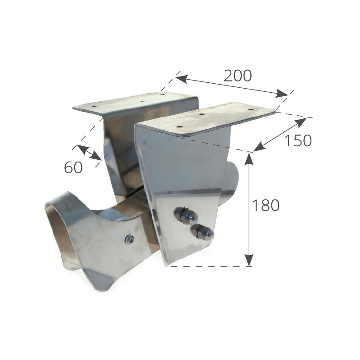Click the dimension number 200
pyautogui.click(x=238, y=76)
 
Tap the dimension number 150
pyautogui.click(x=298, y=140)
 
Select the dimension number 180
pyautogui.click(x=265, y=205)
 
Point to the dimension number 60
pyautogui.click(x=73, y=167)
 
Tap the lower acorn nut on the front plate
pyautogui.click(x=202, y=232)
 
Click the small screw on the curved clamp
pyautogui.click(x=129, y=240)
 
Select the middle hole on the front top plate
pyautogui.click(x=201, y=114)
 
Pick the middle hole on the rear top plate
pyautogui.click(x=142, y=101)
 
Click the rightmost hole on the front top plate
pyautogui.click(x=251, y=109)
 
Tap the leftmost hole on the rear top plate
pyautogui.click(x=94, y=107)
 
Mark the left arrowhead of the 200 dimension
pyautogui.click(x=182, y=79)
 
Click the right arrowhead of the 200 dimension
pyautogui.click(x=282, y=93)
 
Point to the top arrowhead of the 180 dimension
pyautogui.click(x=249, y=159)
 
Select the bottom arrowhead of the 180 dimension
pyautogui.click(x=249, y=260)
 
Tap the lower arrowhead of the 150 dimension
pyautogui.click(x=260, y=147)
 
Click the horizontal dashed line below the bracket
pyautogui.click(x=211, y=266)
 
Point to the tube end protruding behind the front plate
pyautogui.click(x=232, y=181)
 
